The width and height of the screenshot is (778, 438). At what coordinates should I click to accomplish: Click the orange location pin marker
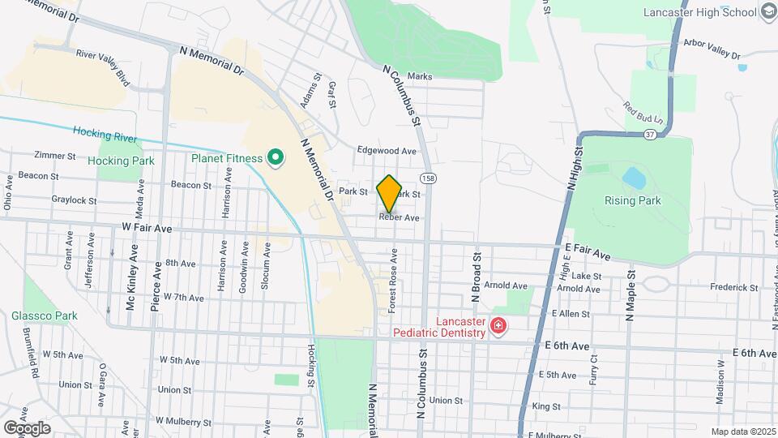coord(389,193)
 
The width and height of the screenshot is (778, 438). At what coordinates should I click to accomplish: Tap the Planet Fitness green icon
coord(275,158)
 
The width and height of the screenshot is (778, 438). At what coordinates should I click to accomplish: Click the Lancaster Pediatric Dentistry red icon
coord(498,327)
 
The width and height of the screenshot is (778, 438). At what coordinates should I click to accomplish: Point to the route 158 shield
coord(425,177)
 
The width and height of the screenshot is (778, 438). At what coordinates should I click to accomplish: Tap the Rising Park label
coord(632,200)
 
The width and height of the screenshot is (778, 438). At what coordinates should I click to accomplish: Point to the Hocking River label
coord(103,132)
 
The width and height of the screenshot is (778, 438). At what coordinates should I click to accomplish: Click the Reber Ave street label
coord(399,218)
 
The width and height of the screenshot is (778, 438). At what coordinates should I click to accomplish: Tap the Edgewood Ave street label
coord(387,151)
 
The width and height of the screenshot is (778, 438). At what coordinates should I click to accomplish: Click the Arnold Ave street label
coord(505,286)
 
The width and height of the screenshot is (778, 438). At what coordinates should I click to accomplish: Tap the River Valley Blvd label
coord(102,66)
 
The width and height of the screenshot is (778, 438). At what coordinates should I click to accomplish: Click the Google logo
coord(27,427)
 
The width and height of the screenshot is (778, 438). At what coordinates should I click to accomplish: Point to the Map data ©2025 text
coord(742,432)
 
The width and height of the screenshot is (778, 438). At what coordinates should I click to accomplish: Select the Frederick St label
coord(733,287)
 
